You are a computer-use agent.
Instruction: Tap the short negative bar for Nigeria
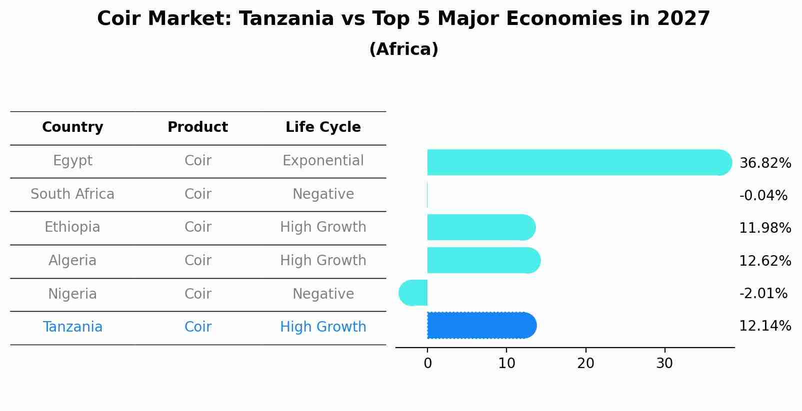(413, 293)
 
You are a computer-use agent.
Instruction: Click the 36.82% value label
(765, 163)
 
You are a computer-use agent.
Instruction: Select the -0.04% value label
(763, 195)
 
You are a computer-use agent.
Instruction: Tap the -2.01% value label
(763, 293)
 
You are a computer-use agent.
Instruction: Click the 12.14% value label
(765, 326)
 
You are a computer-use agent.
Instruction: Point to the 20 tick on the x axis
(585, 364)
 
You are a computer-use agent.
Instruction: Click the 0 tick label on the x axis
(427, 364)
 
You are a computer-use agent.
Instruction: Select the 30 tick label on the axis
(664, 364)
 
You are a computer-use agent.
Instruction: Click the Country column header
(72, 127)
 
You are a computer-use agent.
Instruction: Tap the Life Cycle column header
(323, 127)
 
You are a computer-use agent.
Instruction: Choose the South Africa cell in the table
(72, 194)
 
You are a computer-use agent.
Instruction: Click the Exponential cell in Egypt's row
(323, 161)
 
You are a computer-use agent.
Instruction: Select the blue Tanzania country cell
(72, 327)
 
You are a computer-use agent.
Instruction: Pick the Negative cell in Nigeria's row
(323, 294)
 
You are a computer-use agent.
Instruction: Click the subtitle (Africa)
(403, 49)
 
